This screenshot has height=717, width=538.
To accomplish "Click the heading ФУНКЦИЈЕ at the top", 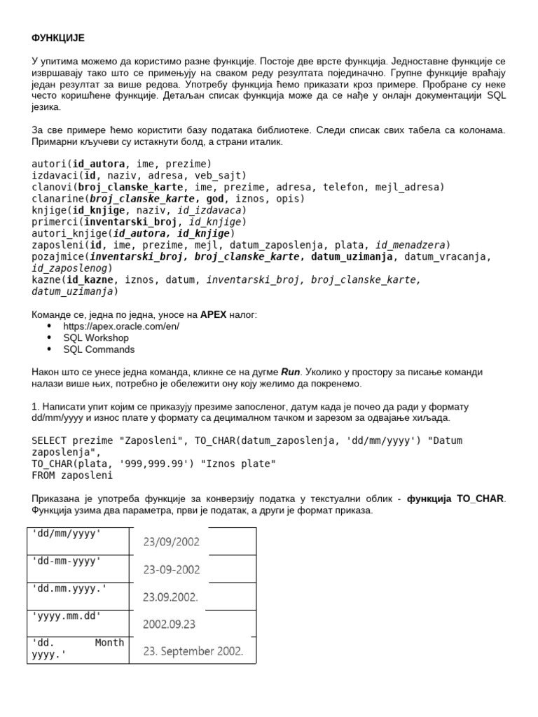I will point(58,37).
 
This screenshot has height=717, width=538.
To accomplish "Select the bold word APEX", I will point(213,314).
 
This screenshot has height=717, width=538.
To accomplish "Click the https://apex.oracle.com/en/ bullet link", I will point(120,326).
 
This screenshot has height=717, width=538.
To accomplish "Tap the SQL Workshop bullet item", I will point(96,337).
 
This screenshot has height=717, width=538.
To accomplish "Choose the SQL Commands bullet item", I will point(99,349).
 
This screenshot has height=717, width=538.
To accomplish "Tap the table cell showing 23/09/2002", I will point(171,541).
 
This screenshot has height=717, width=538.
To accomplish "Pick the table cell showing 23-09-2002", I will point(171,569).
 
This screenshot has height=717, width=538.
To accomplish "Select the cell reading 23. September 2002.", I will point(193,650).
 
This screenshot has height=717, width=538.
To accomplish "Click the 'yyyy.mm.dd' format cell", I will point(67,615).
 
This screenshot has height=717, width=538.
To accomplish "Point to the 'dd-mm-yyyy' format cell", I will point(67,561).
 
